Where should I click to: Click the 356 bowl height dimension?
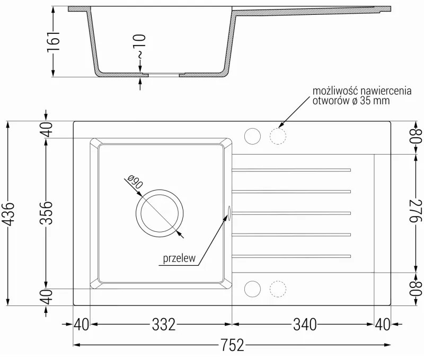click(47, 213)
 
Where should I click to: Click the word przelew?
click(180, 258)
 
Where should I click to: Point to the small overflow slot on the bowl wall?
click(229, 212)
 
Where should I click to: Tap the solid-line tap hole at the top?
click(253, 137)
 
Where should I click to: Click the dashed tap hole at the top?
click(278, 137)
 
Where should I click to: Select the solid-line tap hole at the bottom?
click(253, 289)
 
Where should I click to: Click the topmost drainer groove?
click(291, 170)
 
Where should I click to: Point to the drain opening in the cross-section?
click(164, 75)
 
